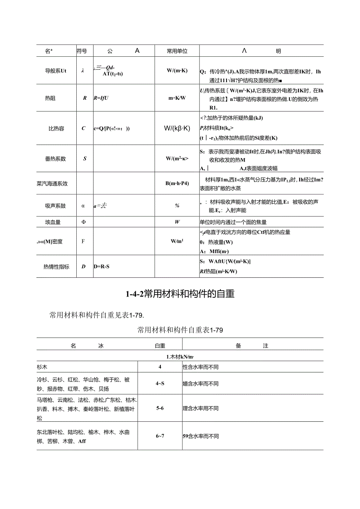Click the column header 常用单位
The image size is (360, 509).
point(177,51)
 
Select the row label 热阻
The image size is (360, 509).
point(50,98)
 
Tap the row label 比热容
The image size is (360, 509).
point(56,128)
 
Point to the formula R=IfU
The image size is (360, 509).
point(101,98)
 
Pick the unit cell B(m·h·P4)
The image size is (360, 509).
point(177,183)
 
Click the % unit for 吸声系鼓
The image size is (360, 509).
point(177,205)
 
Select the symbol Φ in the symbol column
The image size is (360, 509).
point(83,222)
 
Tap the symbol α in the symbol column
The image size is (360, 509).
point(83,205)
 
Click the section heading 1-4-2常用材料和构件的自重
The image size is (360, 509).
point(180,294)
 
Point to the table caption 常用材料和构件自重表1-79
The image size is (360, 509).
point(180,330)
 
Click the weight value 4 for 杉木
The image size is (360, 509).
point(160,367)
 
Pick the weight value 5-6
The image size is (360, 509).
point(160,408)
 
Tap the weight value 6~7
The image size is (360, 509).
point(160,436)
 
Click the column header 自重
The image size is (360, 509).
point(160,346)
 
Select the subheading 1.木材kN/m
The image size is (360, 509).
point(180,356)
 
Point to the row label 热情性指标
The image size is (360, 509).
point(56,267)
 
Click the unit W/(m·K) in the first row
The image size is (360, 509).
point(177,71)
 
